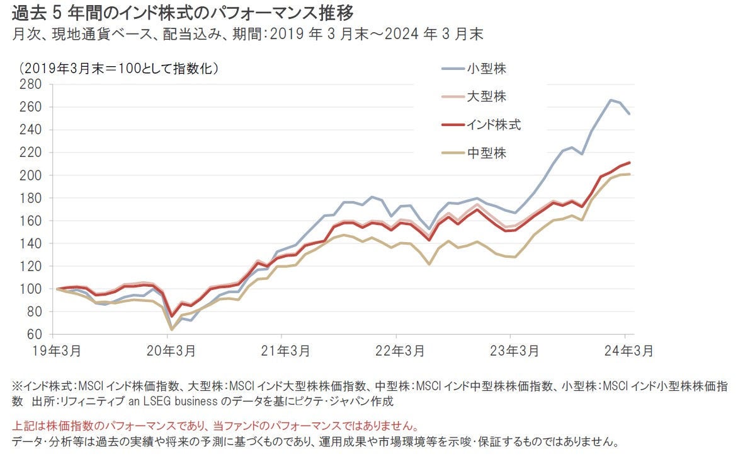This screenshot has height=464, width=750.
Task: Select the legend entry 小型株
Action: (x=486, y=69)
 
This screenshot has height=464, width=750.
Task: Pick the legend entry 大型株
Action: (x=486, y=96)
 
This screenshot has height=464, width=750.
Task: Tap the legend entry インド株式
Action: (x=493, y=125)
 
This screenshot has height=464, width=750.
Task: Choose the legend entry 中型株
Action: (x=486, y=153)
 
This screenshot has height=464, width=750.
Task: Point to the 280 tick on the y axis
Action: (x=30, y=84)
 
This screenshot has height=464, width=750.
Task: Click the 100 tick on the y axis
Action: (x=30, y=289)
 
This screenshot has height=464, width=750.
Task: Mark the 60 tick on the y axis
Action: (x=33, y=334)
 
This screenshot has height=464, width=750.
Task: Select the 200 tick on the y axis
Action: (x=30, y=175)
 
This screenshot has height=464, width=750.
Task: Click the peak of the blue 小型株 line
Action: (x=610, y=100)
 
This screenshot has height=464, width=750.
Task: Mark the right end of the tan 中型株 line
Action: (x=630, y=174)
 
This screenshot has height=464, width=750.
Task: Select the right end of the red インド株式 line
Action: (x=630, y=163)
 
